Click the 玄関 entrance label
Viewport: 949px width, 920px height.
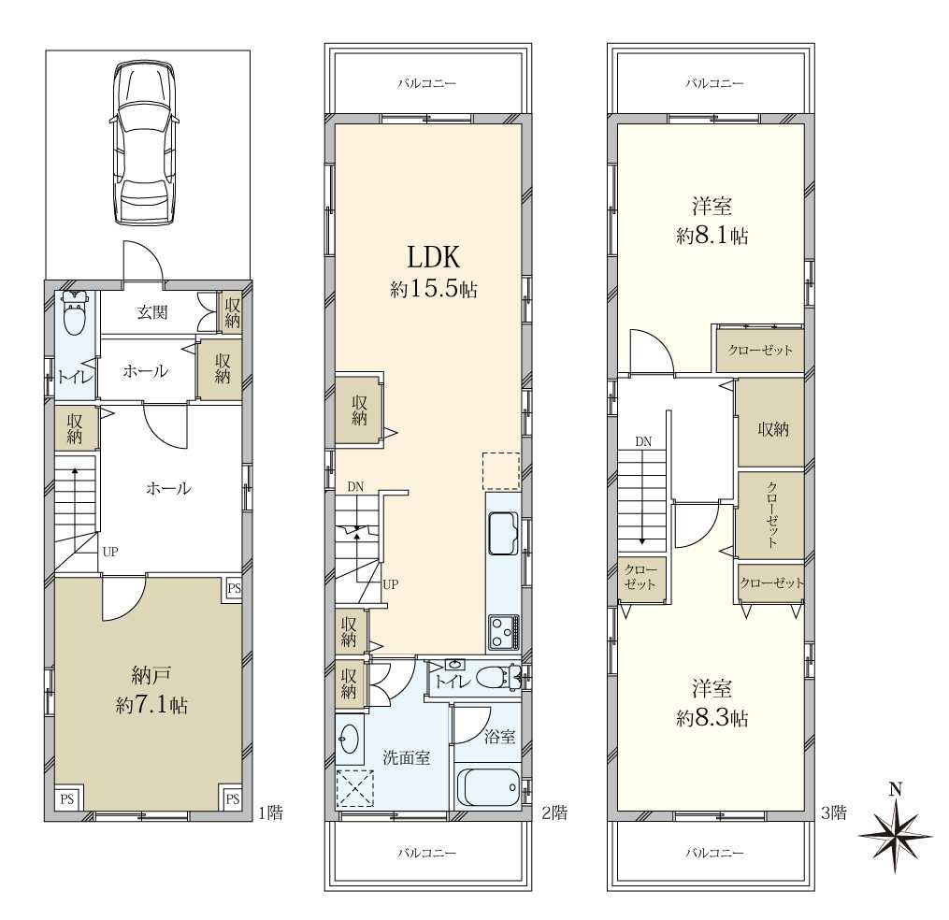coord(151,312)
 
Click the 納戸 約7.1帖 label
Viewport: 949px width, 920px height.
coord(151,690)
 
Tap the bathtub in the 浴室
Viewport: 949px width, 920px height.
coord(489,787)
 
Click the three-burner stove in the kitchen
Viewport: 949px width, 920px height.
coord(504,632)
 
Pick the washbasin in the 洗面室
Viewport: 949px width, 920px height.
coord(350,739)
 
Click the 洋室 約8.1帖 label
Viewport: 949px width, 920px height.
coord(712,221)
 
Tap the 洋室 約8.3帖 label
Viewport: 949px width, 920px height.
coord(712,703)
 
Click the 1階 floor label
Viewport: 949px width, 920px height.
coord(270,812)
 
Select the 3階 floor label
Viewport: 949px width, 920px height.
coord(833,812)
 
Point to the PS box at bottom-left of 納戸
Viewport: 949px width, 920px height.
coord(67,799)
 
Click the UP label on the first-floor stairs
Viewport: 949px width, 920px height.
coord(110,552)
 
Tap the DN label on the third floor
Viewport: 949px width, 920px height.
coord(643,442)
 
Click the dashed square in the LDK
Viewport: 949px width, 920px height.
coord(501,471)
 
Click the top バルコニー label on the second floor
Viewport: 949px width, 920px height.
coord(426,83)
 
